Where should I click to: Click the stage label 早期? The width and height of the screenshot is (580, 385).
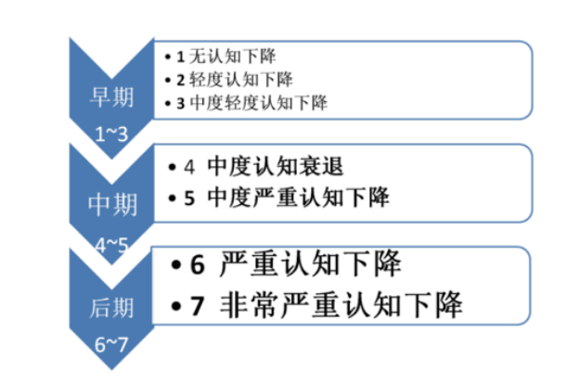tap(111, 97)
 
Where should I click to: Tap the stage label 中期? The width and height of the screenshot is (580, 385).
tap(112, 204)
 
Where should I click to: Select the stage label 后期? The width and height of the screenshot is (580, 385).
tap(111, 308)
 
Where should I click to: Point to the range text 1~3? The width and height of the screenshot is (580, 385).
tap(111, 134)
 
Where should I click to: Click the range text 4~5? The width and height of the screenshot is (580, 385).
tap(111, 245)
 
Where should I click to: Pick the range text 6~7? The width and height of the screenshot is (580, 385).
tap(111, 344)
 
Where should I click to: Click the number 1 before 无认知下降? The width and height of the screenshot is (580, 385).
tap(181, 57)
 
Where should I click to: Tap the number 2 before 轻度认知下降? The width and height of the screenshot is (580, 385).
tap(181, 80)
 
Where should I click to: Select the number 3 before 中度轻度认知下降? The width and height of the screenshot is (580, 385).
tap(181, 104)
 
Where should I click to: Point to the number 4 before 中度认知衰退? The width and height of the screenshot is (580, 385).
tap(189, 167)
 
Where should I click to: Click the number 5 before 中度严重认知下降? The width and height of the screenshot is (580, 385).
tap(189, 198)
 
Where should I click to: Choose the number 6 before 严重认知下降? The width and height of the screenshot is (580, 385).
tap(198, 264)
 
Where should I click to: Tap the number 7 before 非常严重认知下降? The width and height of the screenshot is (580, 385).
tap(198, 306)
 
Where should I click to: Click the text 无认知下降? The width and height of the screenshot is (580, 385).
tap(232, 57)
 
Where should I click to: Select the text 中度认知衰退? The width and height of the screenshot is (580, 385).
tap(276, 166)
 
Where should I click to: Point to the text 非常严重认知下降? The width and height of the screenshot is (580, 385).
tap(342, 305)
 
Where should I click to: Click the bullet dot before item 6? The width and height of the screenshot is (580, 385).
tap(176, 264)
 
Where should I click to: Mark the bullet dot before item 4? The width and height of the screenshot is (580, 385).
tap(172, 167)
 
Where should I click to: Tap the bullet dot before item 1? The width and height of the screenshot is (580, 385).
tap(168, 57)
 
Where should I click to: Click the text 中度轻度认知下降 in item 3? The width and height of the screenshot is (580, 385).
tap(259, 103)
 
